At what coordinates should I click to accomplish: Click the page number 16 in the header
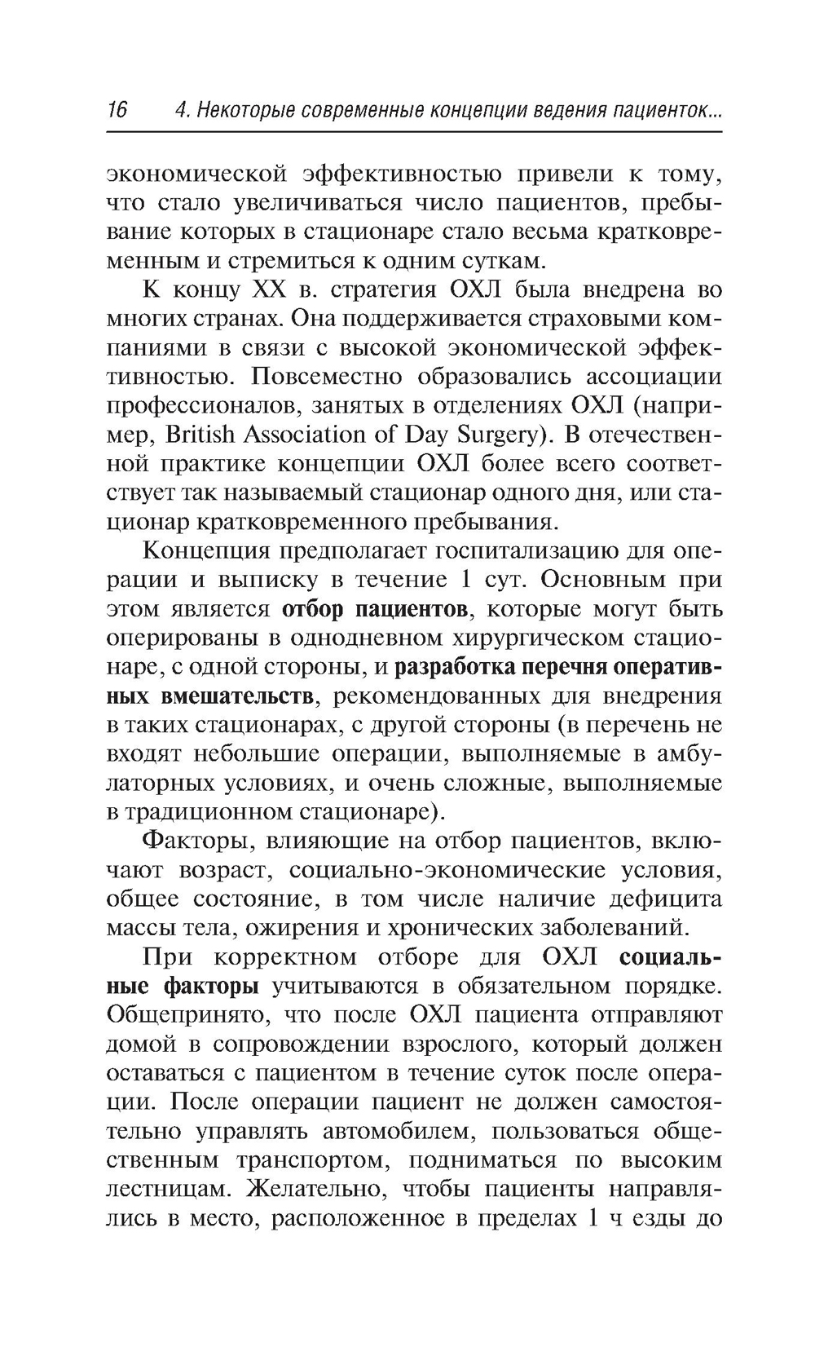[x=117, y=110]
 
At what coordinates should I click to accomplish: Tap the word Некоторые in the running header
[x=242, y=110]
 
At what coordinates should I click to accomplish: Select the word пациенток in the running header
[x=664, y=110]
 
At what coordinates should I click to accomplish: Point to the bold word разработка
[x=452, y=667]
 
